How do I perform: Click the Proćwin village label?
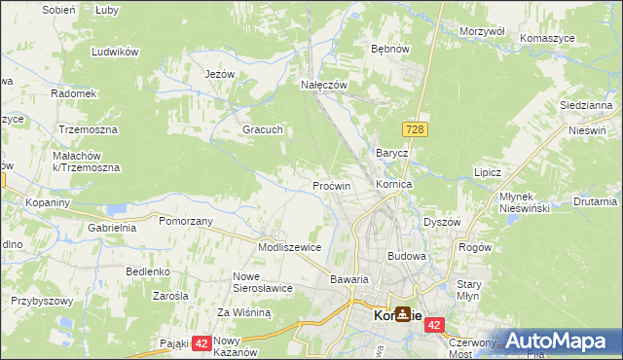(331, 185)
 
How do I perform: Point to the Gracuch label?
(263, 129)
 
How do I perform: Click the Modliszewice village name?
(289, 247)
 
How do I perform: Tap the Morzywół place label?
(482, 31)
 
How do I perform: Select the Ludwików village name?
(114, 52)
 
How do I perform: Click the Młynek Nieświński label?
(525, 202)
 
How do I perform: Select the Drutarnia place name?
(595, 202)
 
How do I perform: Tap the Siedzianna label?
(585, 104)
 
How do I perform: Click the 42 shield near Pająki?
(202, 343)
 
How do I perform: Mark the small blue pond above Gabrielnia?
(118, 208)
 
